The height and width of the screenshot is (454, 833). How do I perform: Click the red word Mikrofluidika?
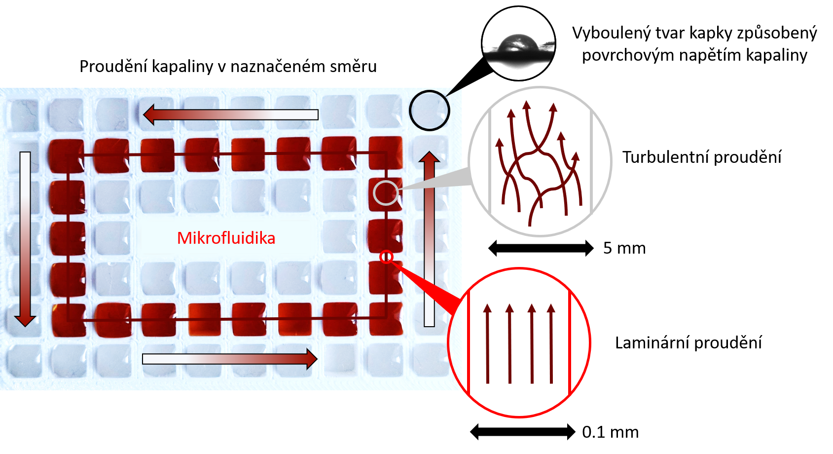click(x=226, y=238)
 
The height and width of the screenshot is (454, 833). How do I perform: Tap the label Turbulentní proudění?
click(x=701, y=157)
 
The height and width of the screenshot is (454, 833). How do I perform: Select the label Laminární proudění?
click(x=688, y=343)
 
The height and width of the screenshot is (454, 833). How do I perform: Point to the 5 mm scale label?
click(x=624, y=248)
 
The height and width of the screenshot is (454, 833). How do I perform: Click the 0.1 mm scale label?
click(x=610, y=432)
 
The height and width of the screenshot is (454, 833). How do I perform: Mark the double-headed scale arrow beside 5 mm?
click(x=541, y=248)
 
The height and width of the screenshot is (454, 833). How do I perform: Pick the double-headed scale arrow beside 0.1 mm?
click(x=522, y=432)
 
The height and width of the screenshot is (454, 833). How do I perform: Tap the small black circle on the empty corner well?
click(x=429, y=111)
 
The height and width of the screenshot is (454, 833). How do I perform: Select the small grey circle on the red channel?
click(x=386, y=193)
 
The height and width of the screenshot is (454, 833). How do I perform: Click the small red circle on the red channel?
click(x=386, y=257)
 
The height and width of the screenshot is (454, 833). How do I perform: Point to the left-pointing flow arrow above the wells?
click(x=230, y=114)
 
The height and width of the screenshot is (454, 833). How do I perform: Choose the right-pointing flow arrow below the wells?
click(x=230, y=359)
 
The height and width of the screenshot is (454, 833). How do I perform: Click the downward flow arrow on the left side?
click(x=25, y=239)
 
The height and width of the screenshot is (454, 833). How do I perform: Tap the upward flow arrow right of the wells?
click(x=429, y=239)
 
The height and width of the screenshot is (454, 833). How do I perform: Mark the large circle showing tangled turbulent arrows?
click(x=540, y=162)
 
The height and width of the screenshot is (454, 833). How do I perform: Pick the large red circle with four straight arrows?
click(x=519, y=343)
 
